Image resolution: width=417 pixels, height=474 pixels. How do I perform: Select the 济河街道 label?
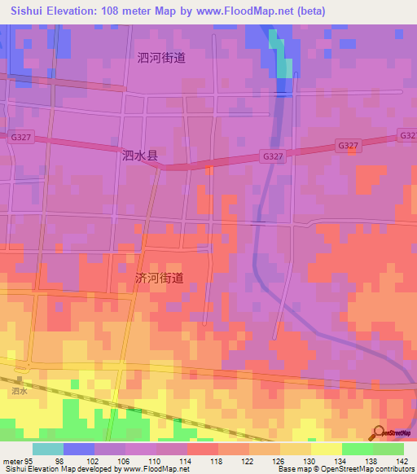point(159,278)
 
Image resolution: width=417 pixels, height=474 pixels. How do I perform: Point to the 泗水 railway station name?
point(20,392)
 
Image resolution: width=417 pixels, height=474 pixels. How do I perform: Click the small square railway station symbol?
point(19,380)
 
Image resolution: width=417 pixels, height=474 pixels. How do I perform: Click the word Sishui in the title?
point(30,11)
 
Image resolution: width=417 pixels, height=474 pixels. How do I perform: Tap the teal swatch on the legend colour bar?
point(48,449)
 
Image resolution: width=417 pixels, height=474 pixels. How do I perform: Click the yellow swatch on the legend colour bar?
point(327,449)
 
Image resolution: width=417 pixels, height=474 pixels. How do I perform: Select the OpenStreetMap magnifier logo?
point(380,432)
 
